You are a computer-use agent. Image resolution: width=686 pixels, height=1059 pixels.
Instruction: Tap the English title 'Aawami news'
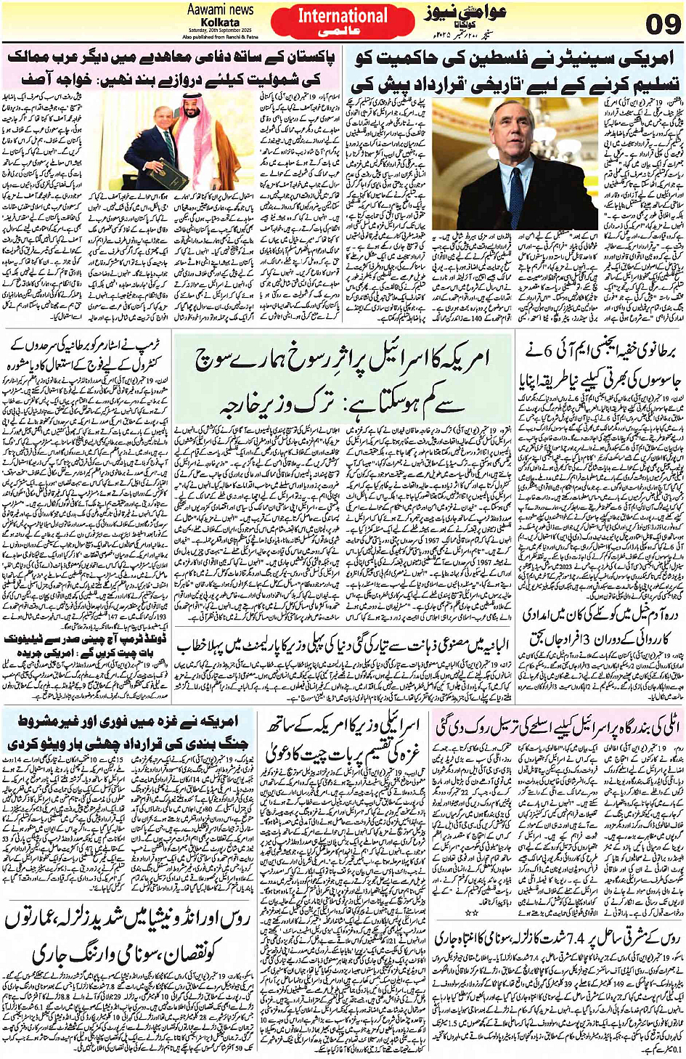(x=220, y=9)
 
